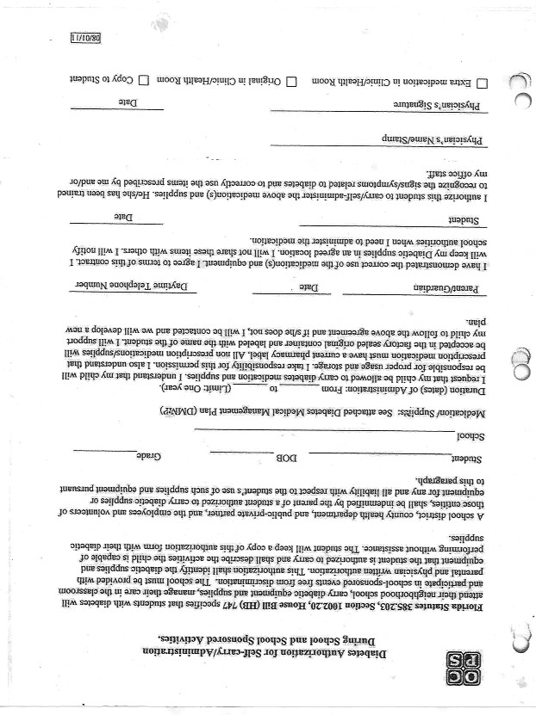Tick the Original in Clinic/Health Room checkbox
291,82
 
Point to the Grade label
150,454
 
